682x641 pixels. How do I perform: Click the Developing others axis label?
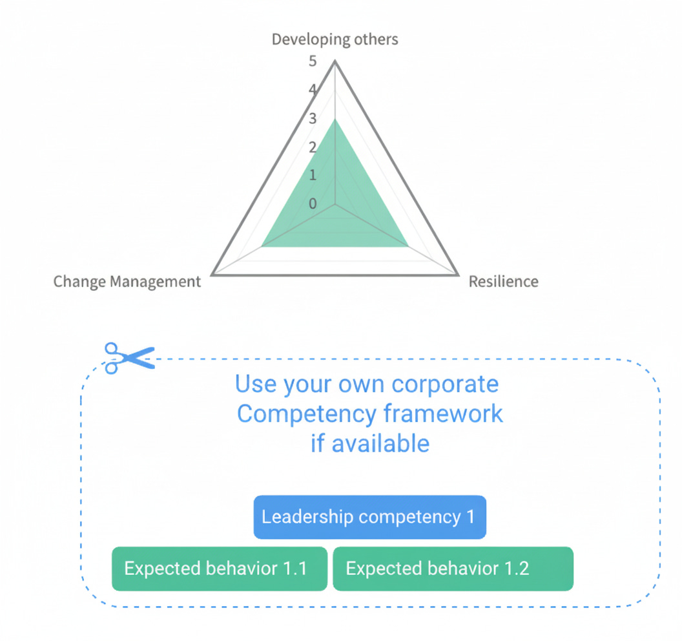(335, 39)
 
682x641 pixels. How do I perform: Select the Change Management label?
(127, 282)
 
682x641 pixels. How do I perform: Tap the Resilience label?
(503, 282)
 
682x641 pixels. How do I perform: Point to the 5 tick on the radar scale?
(313, 62)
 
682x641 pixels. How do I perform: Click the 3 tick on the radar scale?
(313, 119)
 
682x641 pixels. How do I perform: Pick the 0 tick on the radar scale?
(313, 204)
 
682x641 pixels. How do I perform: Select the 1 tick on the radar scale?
(313, 175)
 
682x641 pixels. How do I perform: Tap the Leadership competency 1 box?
(369, 517)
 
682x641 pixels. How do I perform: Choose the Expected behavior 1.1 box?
(219, 569)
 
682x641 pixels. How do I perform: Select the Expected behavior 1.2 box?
(453, 569)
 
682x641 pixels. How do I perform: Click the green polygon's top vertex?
(335, 119)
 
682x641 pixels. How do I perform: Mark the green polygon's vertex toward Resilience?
(408, 246)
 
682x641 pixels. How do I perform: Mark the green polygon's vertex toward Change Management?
(262, 246)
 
